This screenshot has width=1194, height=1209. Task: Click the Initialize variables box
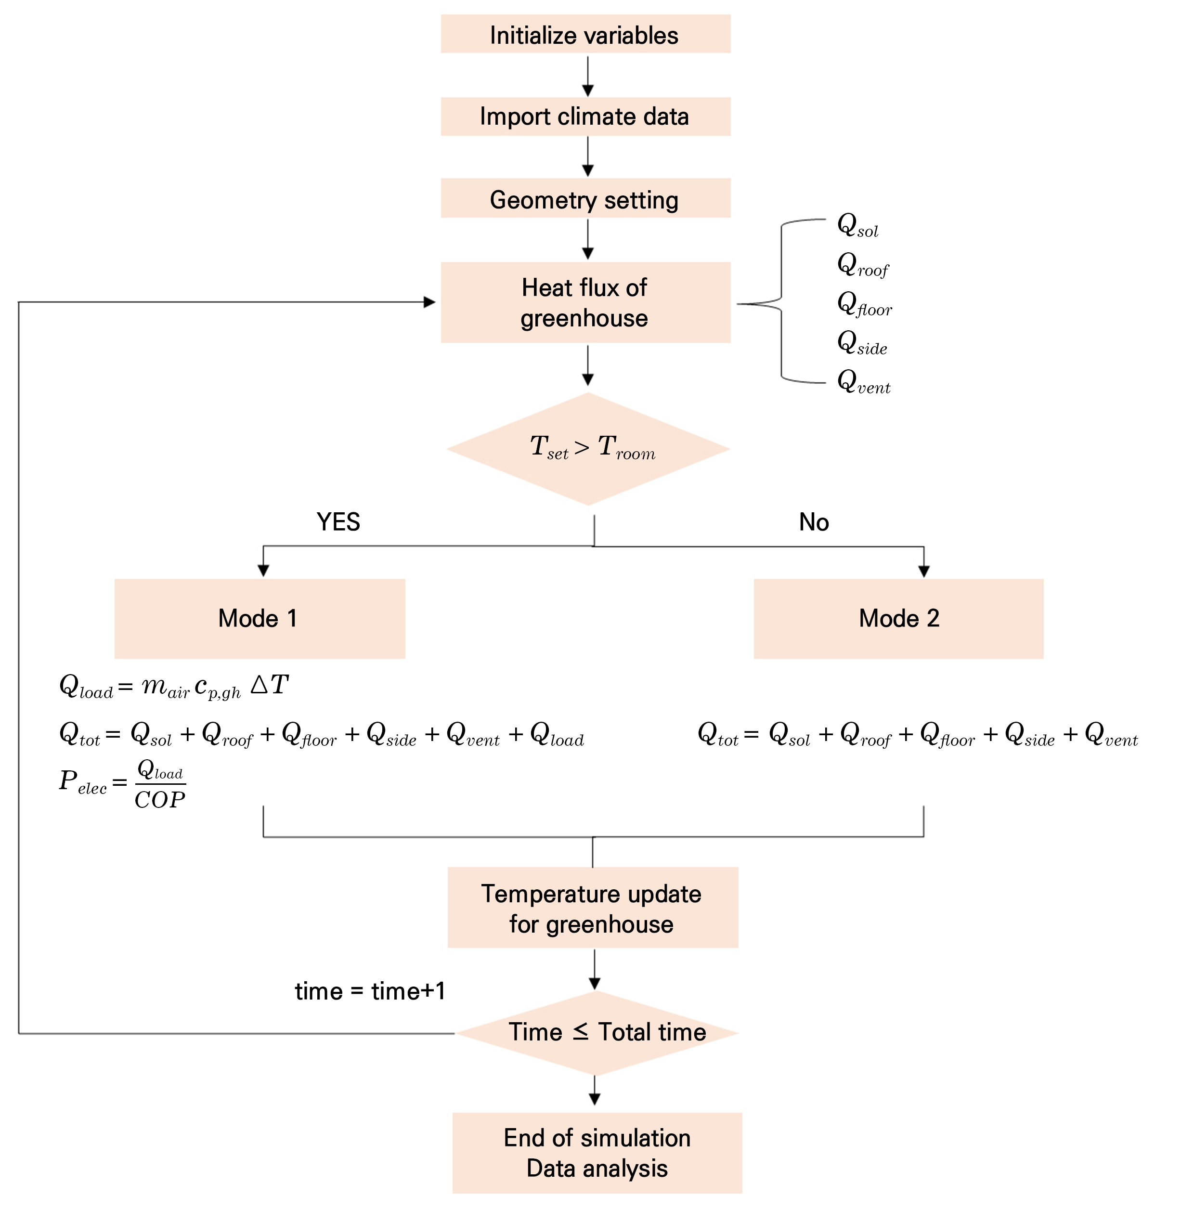point(585,34)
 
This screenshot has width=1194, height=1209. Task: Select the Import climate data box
point(585,117)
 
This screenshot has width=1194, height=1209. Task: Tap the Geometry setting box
point(585,198)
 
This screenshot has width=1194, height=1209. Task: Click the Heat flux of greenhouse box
point(585,302)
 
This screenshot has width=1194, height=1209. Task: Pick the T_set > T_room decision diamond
point(588,449)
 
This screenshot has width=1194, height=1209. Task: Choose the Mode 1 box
point(260,618)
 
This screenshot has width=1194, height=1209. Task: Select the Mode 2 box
point(898,618)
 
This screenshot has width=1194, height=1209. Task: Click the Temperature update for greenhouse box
point(593,908)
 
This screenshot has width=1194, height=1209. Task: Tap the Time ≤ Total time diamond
point(597,1032)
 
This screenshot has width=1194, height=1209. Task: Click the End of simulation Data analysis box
point(597,1152)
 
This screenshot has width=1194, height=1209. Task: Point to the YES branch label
point(338,522)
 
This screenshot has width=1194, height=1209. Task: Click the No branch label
point(814,522)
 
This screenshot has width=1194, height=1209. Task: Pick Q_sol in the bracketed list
point(857,225)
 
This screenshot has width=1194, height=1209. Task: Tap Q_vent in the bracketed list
point(864,381)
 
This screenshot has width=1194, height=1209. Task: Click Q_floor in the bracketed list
point(864,303)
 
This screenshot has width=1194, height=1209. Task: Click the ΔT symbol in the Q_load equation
point(270,685)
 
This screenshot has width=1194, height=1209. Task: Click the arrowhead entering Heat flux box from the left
point(429,302)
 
